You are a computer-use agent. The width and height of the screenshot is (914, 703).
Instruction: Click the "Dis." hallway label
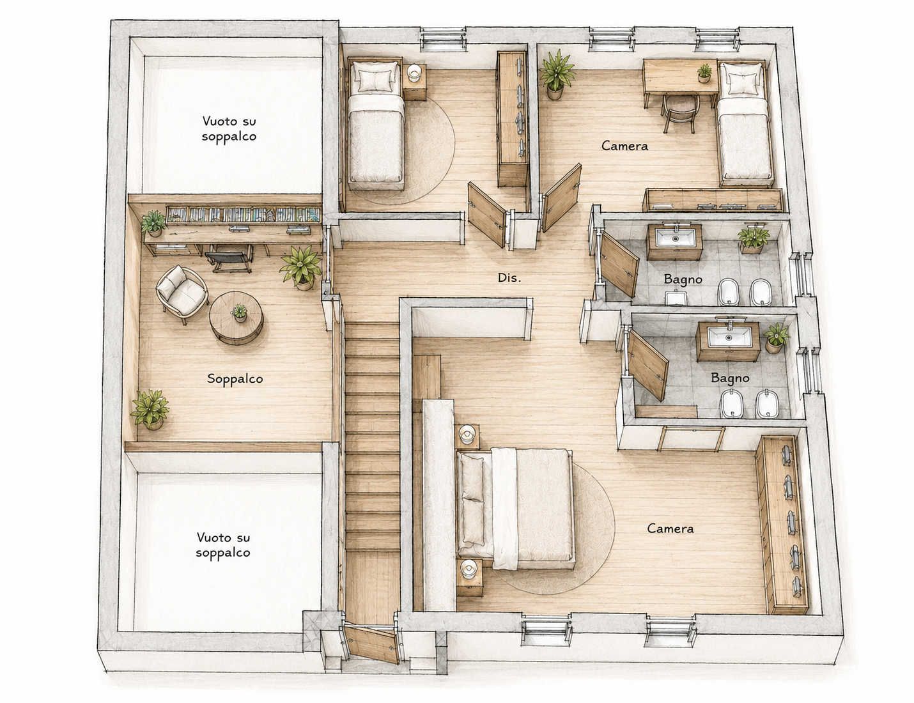(509, 277)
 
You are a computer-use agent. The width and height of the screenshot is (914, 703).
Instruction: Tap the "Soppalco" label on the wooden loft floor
(235, 379)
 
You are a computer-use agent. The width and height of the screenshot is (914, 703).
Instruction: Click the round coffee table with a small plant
(236, 317)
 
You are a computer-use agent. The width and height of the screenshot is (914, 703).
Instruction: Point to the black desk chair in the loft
(228, 261)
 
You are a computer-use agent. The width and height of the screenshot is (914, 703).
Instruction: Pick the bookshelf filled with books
(243, 214)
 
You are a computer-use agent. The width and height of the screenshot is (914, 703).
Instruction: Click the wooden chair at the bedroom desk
(679, 112)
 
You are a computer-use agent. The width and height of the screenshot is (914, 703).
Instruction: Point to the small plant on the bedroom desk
(704, 73)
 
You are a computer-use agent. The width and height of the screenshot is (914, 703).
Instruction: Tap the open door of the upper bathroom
(619, 264)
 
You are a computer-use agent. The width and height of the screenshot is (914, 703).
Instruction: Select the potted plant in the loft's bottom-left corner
(150, 408)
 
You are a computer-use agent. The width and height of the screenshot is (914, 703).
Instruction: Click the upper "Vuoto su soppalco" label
(229, 128)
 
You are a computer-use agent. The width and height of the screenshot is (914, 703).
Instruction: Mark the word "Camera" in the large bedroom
(670, 529)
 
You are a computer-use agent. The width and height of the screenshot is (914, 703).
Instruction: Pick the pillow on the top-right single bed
(741, 82)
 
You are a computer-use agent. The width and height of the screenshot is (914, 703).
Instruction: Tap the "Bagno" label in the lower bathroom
(730, 378)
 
